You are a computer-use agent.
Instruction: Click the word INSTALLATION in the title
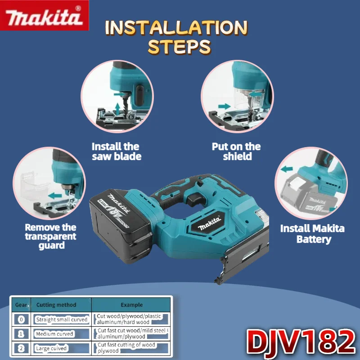click(176, 28)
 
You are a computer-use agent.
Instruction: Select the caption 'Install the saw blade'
click(117, 151)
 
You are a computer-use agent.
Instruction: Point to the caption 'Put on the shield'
click(236, 151)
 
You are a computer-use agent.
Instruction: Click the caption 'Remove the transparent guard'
click(51, 236)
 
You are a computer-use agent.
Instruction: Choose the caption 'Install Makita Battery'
click(312, 234)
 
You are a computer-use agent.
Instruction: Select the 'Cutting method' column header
click(56, 305)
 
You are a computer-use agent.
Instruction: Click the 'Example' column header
click(131, 305)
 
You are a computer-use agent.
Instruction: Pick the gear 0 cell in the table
click(21, 319)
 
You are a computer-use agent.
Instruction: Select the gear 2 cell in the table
click(21, 348)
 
